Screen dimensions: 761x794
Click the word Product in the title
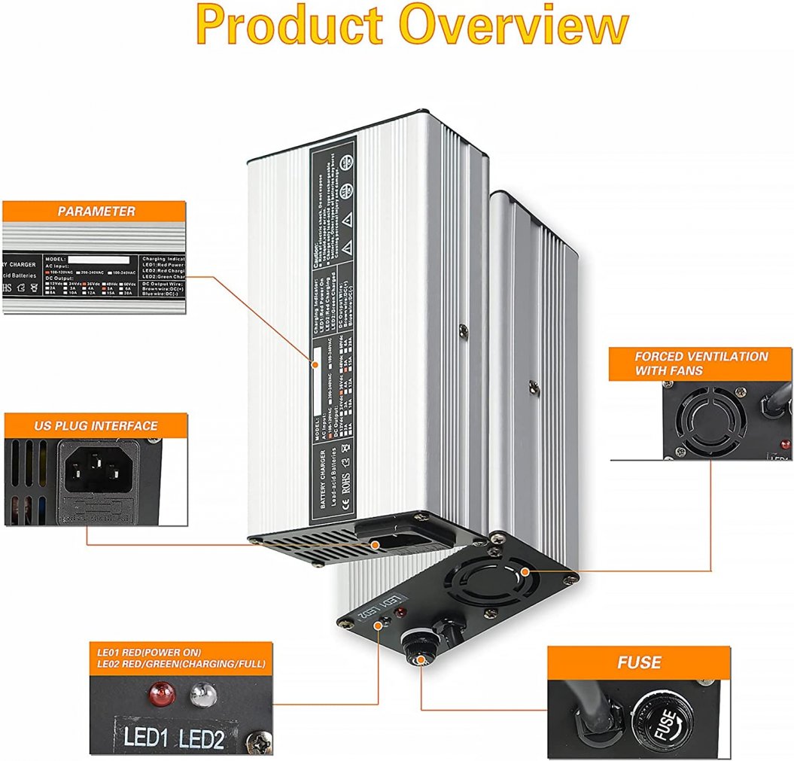point(294,26)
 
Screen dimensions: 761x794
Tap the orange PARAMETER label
point(96,212)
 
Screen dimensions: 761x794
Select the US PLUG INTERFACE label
point(96,425)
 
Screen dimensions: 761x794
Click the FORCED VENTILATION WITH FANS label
point(701,363)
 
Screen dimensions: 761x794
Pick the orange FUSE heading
point(639,662)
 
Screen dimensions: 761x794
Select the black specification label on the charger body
point(330,331)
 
